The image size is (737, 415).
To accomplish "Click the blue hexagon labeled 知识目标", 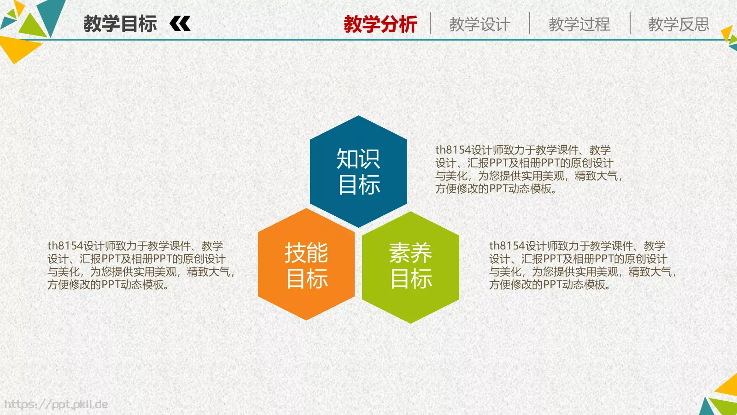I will point(358,172).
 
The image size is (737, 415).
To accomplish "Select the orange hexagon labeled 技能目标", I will point(306,265).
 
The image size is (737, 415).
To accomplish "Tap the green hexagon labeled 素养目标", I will point(410,267).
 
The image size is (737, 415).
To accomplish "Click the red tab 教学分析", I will point(380,24).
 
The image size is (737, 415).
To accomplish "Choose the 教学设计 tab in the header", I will point(480,24).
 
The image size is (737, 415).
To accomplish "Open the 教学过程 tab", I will point(579,24).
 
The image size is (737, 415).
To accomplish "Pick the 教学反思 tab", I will point(679,24).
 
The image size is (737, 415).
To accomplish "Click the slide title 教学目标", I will point(120,24).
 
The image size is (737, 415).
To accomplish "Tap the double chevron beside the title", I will point(180,24).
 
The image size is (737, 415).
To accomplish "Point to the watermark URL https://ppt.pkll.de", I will point(56,404).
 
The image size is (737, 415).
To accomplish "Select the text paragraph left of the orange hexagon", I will point(140,265).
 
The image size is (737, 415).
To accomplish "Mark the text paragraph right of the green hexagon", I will point(582,265).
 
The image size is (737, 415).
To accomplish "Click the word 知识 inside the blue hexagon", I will point(358,159).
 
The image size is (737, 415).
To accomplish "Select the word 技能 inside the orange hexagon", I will point(306,252).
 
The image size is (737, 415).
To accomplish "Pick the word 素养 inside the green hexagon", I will point(410,253).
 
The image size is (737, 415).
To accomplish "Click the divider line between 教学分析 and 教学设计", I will point(430,23).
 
